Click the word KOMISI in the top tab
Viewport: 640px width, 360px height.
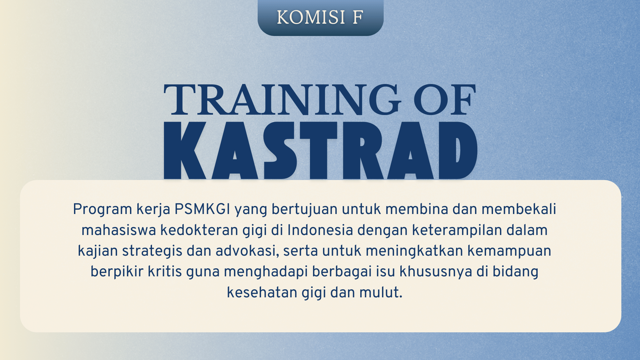pyautogui.click(x=311, y=17)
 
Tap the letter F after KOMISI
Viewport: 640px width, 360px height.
pyautogui.click(x=358, y=17)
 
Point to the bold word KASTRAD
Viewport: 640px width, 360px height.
pyautogui.click(x=320, y=150)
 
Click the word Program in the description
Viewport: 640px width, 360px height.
pyautogui.click(x=103, y=210)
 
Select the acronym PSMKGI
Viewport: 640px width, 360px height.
pyautogui.click(x=202, y=209)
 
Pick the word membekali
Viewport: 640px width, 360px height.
pyautogui.click(x=519, y=209)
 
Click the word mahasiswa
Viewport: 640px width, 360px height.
pyautogui.click(x=119, y=230)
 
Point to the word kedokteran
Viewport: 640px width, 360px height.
pyautogui.click(x=199, y=230)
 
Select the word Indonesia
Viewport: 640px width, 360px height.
pyautogui.click(x=320, y=230)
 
